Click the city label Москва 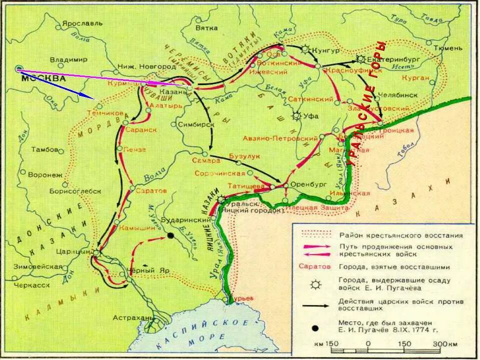tap(43, 78)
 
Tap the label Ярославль tap(82, 23)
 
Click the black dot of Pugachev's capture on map tap(171, 235)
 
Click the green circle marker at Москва tap(19, 68)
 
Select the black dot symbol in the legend tap(315, 328)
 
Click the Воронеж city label tap(45, 175)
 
